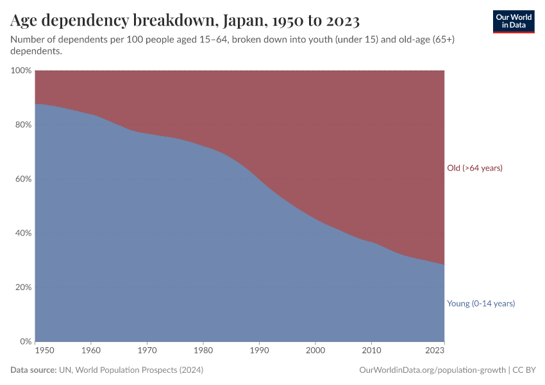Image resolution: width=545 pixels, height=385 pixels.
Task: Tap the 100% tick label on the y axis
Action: [21, 71]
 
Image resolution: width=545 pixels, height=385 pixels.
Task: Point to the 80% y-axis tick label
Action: [22, 124]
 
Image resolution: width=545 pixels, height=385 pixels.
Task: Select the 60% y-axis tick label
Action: [22, 179]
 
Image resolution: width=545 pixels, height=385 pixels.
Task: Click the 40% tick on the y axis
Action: [22, 233]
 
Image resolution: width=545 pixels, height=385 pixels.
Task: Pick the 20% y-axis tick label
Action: [22, 287]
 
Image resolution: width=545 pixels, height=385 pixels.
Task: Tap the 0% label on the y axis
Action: [25, 341]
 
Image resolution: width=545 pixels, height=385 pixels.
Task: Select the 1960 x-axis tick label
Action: [91, 351]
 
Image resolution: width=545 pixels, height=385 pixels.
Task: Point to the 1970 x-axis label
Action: [147, 351]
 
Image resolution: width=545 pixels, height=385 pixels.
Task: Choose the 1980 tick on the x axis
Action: [203, 351]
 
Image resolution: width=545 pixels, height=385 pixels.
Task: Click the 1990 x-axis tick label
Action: [260, 351]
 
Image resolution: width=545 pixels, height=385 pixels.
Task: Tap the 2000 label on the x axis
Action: [315, 351]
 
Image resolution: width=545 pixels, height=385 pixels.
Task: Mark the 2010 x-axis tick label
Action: [372, 351]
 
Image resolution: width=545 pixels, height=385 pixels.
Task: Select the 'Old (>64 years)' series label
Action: [474, 168]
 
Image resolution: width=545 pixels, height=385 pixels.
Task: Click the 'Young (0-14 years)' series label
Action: [480, 304]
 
